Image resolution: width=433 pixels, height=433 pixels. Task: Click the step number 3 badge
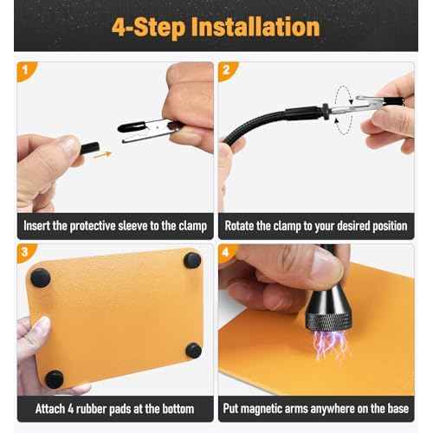click(x=24, y=253)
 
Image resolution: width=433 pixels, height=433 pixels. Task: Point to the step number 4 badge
click(x=227, y=253)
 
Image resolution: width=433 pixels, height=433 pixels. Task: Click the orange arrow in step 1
click(x=103, y=155)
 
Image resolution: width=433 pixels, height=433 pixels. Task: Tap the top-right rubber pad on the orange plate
click(x=192, y=260)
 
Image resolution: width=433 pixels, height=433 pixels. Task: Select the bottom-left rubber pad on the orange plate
click(x=54, y=378)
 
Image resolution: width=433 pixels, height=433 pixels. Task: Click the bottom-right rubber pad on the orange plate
click(x=194, y=351)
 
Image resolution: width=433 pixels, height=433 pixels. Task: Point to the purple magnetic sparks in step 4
click(x=330, y=344)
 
